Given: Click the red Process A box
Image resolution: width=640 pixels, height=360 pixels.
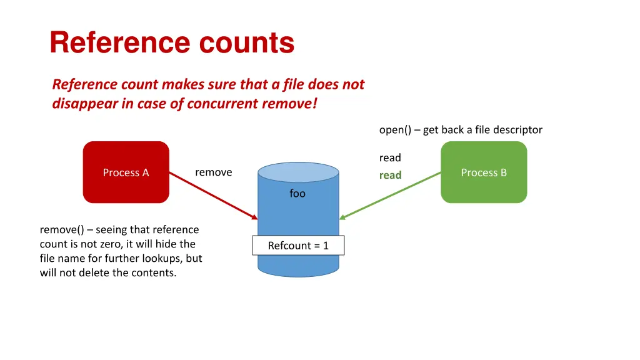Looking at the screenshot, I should click(126, 172).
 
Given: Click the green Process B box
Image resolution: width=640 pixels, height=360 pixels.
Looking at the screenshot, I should click(484, 172).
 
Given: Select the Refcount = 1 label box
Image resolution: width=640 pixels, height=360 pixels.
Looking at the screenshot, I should click(298, 246).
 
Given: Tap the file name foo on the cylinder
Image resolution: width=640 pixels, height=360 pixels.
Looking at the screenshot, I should click(297, 194).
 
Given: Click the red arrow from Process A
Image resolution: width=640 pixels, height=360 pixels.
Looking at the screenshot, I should click(212, 196).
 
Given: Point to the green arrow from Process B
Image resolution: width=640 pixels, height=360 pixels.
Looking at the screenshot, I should click(391, 196).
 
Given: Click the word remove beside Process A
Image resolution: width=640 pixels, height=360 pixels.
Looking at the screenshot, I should click(213, 172).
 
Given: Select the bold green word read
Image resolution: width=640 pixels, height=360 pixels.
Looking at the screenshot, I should click(390, 176).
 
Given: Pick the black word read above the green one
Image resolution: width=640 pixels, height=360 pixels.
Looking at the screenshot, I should click(390, 158).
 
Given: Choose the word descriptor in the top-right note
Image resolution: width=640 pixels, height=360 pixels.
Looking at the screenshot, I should click(517, 130).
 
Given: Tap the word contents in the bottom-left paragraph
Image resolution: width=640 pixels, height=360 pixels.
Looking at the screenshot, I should click(153, 273).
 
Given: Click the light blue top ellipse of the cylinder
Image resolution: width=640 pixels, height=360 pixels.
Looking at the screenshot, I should click(298, 172).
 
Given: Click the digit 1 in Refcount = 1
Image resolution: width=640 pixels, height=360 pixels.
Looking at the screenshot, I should click(326, 246).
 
